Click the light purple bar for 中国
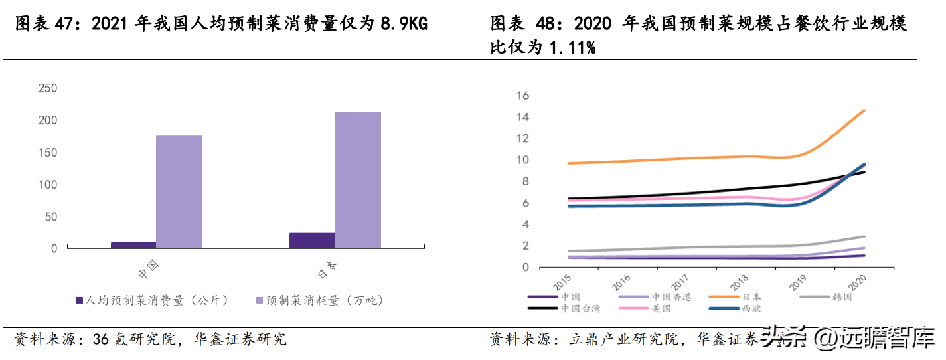click(x=179, y=192)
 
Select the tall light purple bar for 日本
click(x=358, y=180)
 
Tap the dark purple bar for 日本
click(x=312, y=240)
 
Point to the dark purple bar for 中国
click(x=133, y=245)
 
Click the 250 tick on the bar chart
click(x=48, y=88)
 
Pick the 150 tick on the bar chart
click(x=48, y=153)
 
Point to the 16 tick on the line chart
click(x=522, y=96)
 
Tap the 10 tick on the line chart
click(x=522, y=160)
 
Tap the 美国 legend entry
click(x=661, y=308)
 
